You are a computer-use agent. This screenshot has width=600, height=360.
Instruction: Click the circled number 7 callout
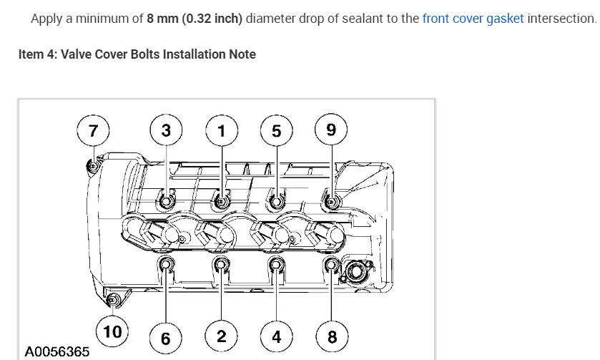(x=92, y=130)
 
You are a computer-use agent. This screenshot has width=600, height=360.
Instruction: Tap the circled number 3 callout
(x=166, y=130)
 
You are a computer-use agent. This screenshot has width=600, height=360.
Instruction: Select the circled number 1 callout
(x=221, y=130)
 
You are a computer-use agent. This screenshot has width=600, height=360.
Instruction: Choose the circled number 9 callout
(x=330, y=130)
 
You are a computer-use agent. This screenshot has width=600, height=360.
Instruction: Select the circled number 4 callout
(x=276, y=337)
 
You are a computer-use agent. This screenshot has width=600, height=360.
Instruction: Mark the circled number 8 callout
(x=331, y=337)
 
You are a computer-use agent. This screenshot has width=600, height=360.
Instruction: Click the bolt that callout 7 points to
(x=92, y=167)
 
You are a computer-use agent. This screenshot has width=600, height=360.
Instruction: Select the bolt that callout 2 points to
(x=221, y=266)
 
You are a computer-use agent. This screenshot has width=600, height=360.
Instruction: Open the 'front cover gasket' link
(x=473, y=18)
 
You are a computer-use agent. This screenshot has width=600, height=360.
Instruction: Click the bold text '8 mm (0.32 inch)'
(x=195, y=18)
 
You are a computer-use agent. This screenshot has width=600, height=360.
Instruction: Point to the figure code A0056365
(x=57, y=351)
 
